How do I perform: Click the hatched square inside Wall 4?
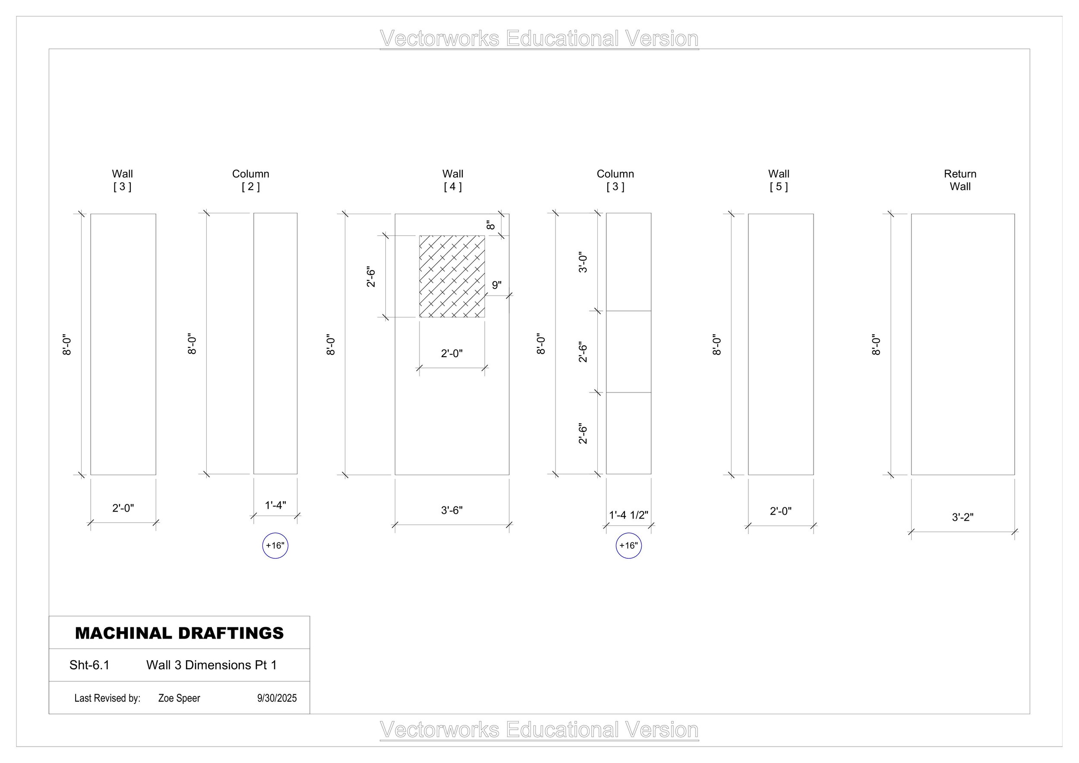pos(452,276)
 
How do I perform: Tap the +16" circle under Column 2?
pos(275,546)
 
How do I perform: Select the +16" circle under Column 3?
pos(628,546)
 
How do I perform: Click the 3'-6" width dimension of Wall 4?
pos(451,510)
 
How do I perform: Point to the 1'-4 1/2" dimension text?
pos(628,515)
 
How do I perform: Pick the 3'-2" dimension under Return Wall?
pos(962,518)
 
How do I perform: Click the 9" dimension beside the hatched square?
pos(497,285)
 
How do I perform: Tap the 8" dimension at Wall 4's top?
pos(491,225)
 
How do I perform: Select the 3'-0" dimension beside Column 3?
pos(583,262)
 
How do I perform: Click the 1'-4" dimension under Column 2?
pos(275,505)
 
